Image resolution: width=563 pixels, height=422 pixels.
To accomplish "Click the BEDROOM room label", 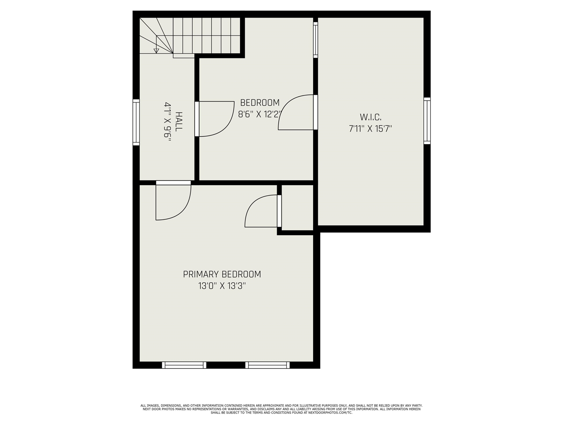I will [x=260, y=103].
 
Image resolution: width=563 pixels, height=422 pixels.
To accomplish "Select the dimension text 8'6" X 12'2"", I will [x=260, y=115].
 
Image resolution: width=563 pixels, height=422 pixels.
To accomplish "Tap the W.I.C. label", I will [x=370, y=117].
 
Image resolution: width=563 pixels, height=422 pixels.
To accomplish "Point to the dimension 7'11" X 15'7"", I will [x=370, y=129].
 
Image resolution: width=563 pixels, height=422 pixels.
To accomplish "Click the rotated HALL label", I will [x=179, y=122].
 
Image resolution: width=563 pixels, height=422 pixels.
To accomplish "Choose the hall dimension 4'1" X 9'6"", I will [x=168, y=122].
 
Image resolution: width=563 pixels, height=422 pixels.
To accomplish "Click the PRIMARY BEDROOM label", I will [x=222, y=274].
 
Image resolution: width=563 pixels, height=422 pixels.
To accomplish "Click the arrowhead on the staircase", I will [x=156, y=51].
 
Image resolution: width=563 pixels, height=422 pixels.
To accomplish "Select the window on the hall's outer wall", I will [x=136, y=122].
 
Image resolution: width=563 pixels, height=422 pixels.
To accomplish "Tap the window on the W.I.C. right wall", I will [x=427, y=120].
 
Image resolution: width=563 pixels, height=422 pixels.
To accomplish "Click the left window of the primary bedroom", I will [x=184, y=365].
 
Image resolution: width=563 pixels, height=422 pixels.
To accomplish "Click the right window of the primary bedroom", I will [x=267, y=365].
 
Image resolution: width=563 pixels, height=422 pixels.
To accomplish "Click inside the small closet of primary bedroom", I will [x=297, y=207].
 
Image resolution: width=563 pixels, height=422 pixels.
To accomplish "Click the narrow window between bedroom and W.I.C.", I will [x=315, y=40].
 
